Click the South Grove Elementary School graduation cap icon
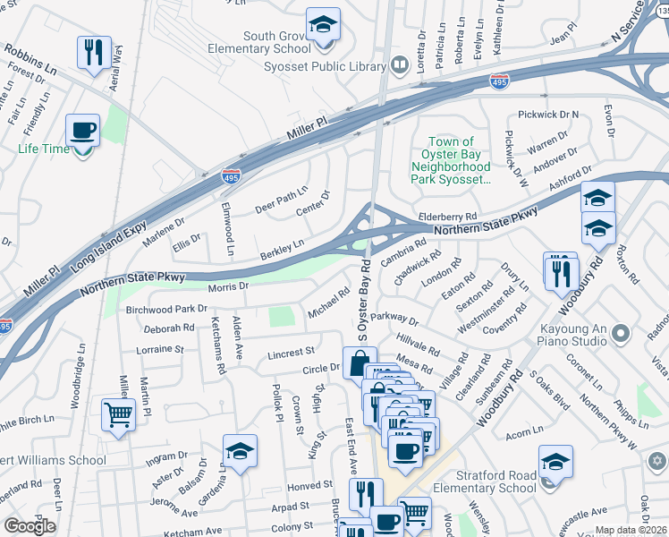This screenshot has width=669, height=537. pyautogui.click(x=323, y=24)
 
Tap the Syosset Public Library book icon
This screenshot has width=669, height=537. pyautogui.click(x=399, y=65)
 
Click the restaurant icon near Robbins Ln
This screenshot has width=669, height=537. pyautogui.click(x=94, y=51)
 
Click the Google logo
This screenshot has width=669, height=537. pyautogui.click(x=30, y=526)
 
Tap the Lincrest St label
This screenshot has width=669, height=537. pyautogui.click(x=292, y=354)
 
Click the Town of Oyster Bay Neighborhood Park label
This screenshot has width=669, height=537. pyautogui.click(x=451, y=160)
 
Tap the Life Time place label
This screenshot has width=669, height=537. pyautogui.click(x=44, y=149)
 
